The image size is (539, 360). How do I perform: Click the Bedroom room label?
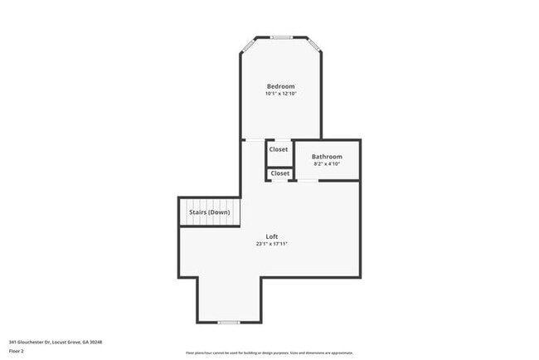pyautogui.click(x=280, y=86)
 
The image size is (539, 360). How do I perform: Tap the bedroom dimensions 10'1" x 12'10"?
pyautogui.click(x=280, y=94)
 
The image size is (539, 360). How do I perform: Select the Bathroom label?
pyautogui.click(x=327, y=157)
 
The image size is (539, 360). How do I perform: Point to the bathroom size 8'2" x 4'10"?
pyautogui.click(x=327, y=163)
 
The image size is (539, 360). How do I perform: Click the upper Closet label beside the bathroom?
pyautogui.click(x=279, y=149)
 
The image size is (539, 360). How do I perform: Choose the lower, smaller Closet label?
pyautogui.click(x=279, y=173)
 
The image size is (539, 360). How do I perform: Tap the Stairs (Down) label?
pyautogui.click(x=209, y=212)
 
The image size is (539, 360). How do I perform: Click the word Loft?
pyautogui.click(x=272, y=236)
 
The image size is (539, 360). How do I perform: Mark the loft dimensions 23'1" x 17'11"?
pyautogui.click(x=272, y=244)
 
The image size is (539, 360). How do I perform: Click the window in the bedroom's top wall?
pyautogui.click(x=281, y=36)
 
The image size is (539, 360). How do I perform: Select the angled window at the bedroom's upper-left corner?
pyautogui.click(x=247, y=45)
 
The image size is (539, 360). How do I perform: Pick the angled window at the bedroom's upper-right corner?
pyautogui.click(x=314, y=45)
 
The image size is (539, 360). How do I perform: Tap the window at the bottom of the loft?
pyautogui.click(x=228, y=322)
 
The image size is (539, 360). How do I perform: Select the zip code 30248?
pyautogui.click(x=96, y=341)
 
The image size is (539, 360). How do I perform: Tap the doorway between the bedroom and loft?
pyautogui.click(x=254, y=139)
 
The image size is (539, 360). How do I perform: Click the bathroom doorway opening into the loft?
pyautogui.click(x=308, y=180)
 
